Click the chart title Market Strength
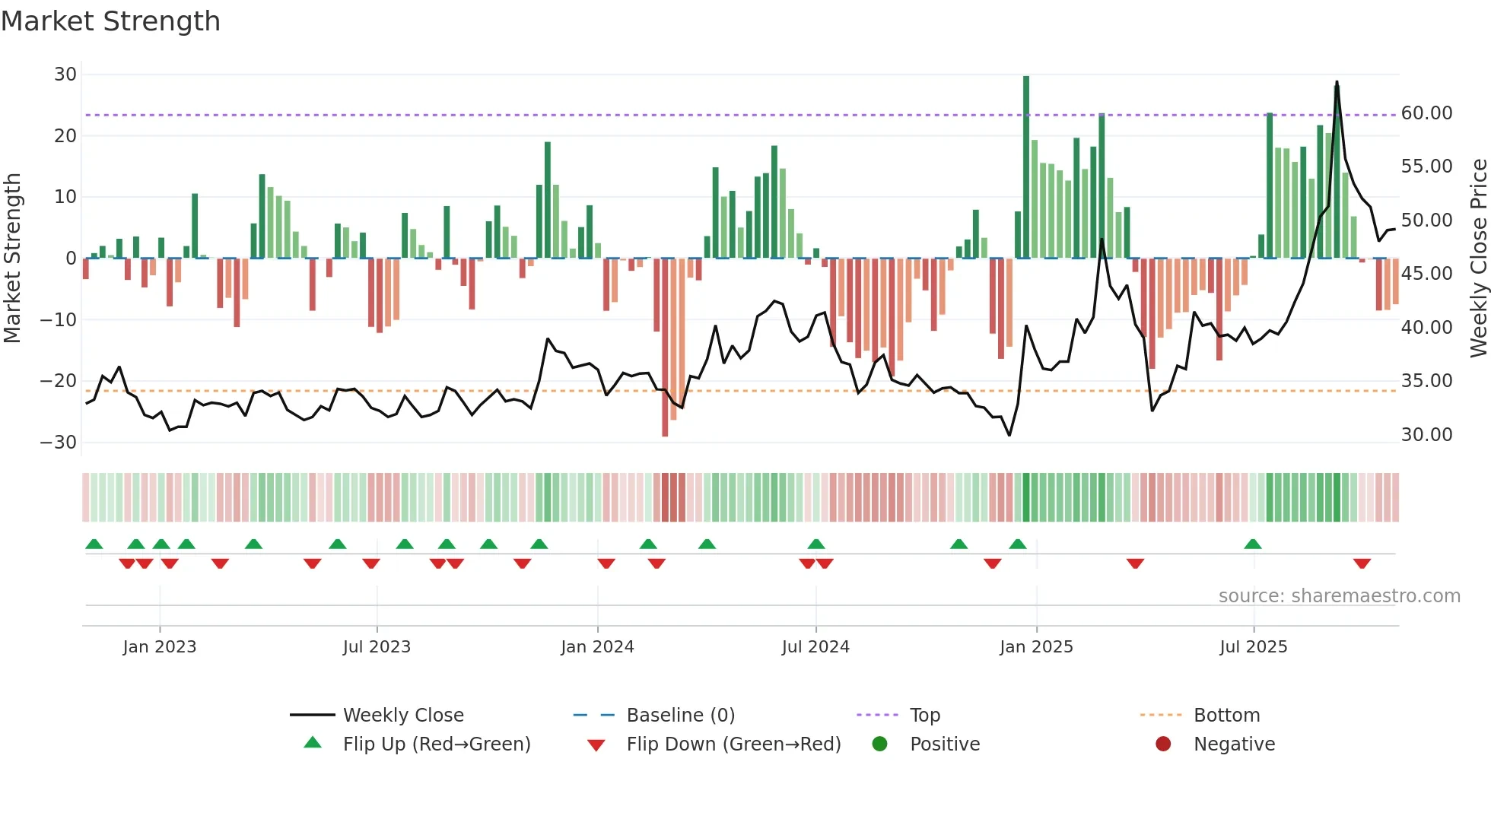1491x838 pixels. coord(110,21)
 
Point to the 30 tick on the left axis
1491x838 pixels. coord(65,75)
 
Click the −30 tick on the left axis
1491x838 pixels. coord(59,443)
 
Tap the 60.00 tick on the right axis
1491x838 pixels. coord(1426,113)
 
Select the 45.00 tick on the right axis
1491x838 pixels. coord(1426,274)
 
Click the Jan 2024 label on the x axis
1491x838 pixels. coord(597,647)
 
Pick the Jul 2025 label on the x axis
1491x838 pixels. coord(1253,647)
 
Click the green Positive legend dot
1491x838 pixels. coord(880,744)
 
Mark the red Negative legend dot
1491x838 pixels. coord(1163,744)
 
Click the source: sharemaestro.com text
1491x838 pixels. coord(1339,596)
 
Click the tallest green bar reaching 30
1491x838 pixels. coord(1026,167)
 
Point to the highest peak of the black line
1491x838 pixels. coord(1337,82)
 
